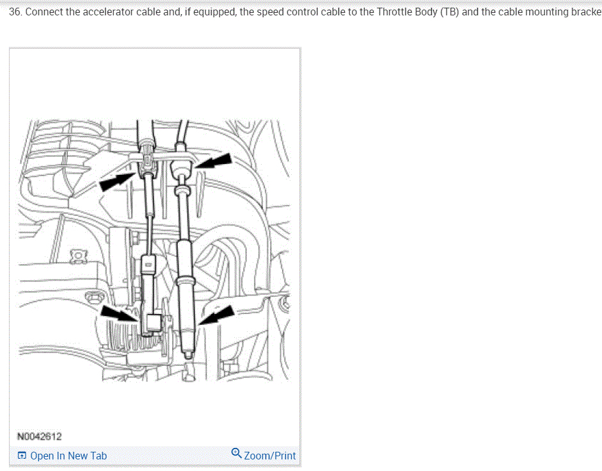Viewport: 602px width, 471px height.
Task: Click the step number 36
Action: click(x=15, y=12)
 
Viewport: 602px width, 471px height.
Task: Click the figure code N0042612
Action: click(x=39, y=436)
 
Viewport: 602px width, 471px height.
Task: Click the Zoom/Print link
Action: click(x=270, y=456)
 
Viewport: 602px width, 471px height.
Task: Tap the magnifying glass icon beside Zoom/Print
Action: click(x=237, y=453)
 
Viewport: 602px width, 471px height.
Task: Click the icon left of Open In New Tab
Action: click(x=22, y=456)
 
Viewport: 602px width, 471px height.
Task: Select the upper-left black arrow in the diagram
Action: click(x=116, y=181)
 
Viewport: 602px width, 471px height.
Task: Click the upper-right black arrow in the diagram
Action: click(x=214, y=161)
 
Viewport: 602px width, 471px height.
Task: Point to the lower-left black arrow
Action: click(x=119, y=313)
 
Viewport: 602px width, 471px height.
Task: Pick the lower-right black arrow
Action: click(x=216, y=315)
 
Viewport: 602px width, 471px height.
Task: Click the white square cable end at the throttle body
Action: click(x=155, y=322)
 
